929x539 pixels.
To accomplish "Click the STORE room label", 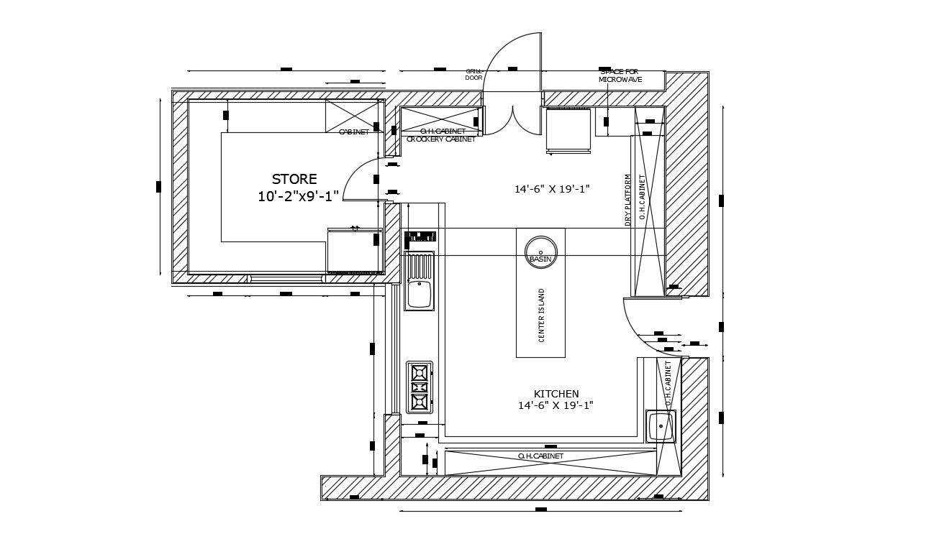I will coord(294,179).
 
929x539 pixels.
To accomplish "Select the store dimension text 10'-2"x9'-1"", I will coord(298,196).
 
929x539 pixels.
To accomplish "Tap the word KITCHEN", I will coord(556,394).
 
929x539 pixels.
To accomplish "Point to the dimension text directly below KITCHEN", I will coord(556,405).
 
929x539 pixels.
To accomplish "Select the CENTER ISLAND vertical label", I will coord(542,315).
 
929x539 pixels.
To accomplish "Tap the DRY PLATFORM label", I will coord(628,200).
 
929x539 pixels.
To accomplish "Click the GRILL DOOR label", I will coord(473,74).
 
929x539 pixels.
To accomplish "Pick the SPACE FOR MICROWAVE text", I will coord(620,75).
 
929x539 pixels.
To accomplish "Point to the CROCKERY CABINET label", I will coord(440,139).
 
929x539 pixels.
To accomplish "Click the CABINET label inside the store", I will coord(353,132).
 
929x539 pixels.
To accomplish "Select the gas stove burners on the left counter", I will coord(419,387).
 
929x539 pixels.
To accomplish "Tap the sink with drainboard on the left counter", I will coord(419,281).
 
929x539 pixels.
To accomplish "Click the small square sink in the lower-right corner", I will coord(661,426).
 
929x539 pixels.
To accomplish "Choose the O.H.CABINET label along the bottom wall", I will coord(540,456).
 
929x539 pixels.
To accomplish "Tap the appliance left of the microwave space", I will coord(568,129).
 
